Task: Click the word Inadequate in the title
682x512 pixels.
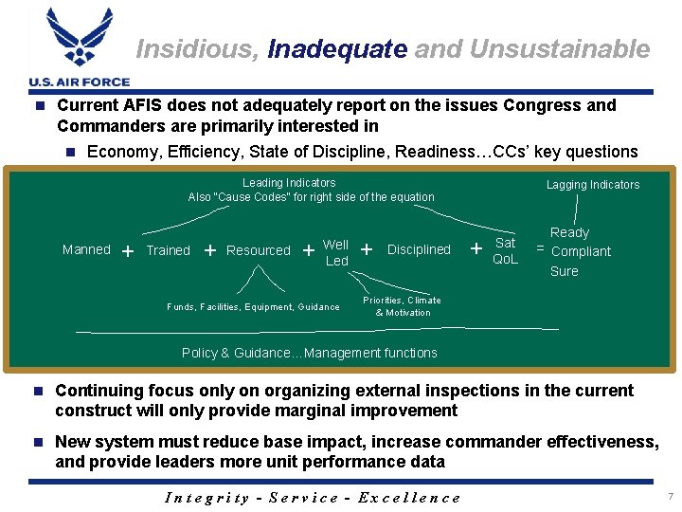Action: click(x=336, y=48)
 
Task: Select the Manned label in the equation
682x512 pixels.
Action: click(x=86, y=249)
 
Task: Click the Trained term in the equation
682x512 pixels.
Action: click(x=168, y=250)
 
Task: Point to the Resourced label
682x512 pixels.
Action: click(x=259, y=250)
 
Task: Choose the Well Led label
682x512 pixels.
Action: click(x=336, y=252)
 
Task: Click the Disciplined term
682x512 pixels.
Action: click(x=419, y=249)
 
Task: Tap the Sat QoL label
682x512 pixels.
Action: click(x=506, y=251)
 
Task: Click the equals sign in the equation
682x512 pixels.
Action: click(x=540, y=247)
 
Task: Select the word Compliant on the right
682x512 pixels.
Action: click(x=581, y=251)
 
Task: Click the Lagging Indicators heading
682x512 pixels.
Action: click(x=593, y=185)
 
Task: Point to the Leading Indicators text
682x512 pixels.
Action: click(x=289, y=182)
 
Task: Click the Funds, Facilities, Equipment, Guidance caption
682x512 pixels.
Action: click(x=253, y=307)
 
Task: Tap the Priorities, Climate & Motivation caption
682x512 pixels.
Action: click(x=403, y=306)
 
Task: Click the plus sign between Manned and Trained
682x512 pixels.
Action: click(x=127, y=251)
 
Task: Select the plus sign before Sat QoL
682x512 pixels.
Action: click(x=476, y=249)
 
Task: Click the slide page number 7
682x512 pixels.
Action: click(x=670, y=497)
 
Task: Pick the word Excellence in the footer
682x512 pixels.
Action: click(x=414, y=498)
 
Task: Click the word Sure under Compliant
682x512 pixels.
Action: click(x=564, y=271)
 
